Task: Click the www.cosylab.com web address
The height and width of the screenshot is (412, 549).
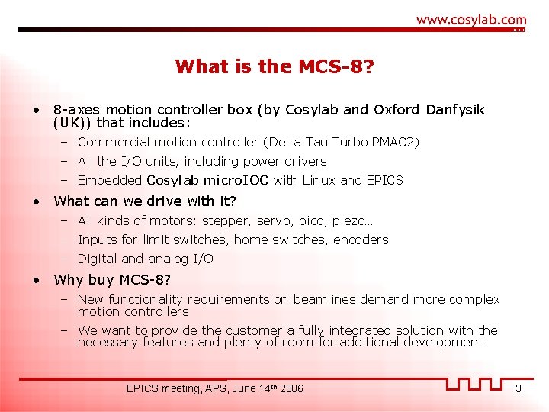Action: [x=471, y=20]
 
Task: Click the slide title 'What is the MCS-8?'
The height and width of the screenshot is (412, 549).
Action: [x=274, y=66]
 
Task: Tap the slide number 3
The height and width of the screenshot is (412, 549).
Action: [x=518, y=389]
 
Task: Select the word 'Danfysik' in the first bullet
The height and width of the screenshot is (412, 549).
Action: [x=457, y=110]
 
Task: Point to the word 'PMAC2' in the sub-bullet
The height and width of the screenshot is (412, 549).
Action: [x=400, y=142]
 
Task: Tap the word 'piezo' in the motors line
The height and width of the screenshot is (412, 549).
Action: [x=351, y=220]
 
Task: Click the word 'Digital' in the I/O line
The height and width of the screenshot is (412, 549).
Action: [x=98, y=259]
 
